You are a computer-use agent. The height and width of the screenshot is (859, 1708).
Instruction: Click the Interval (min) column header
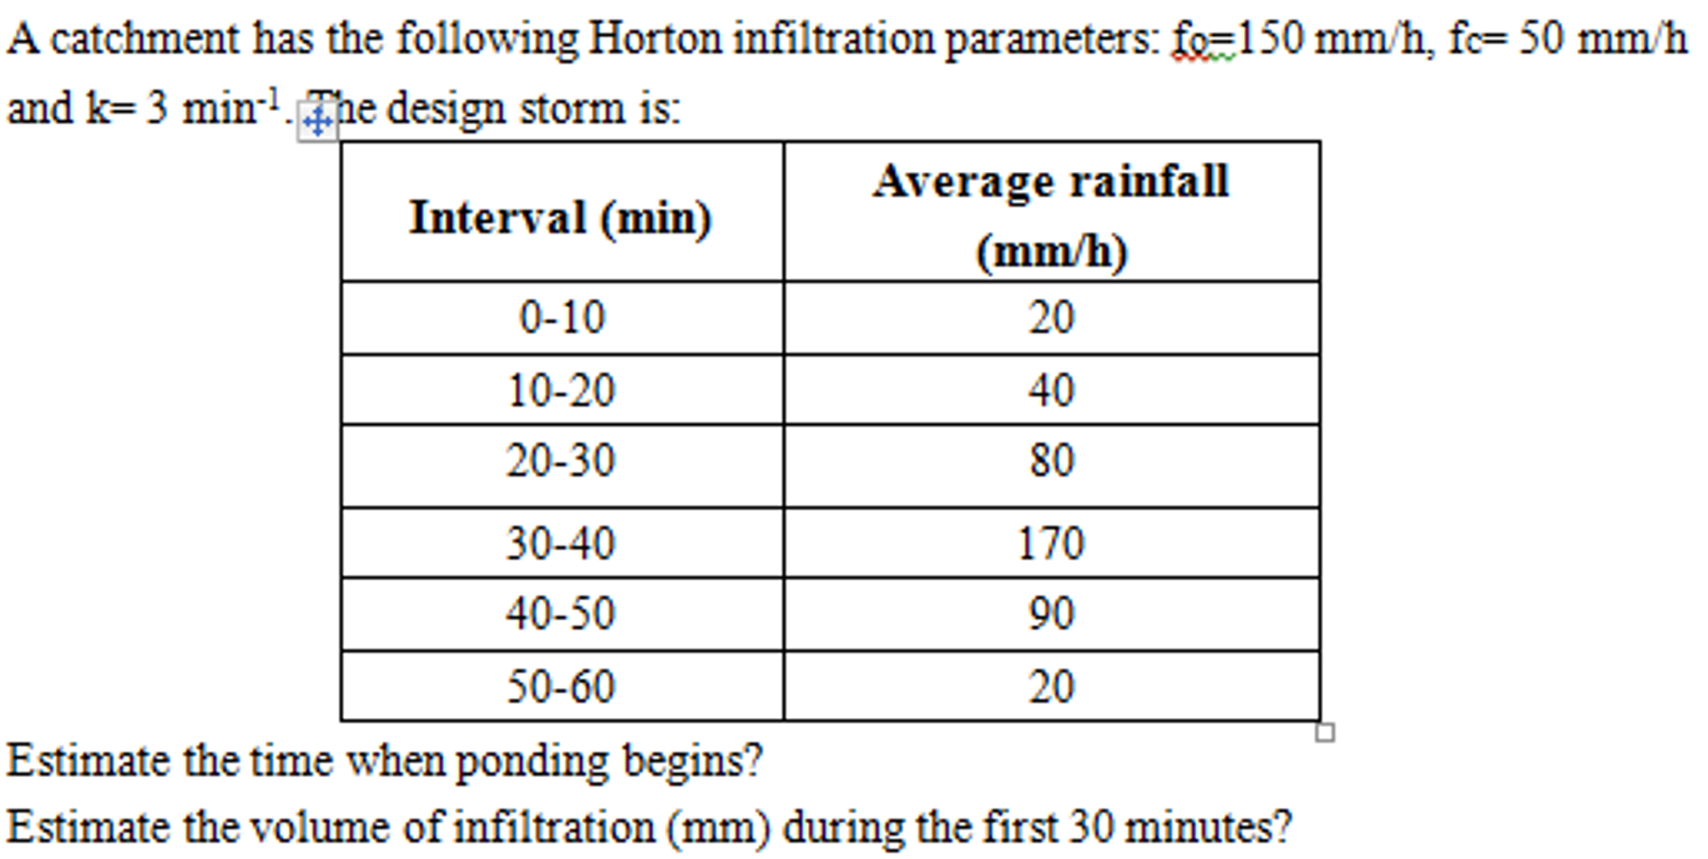coord(561,218)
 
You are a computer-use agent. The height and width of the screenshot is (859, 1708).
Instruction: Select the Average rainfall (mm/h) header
coord(1051,215)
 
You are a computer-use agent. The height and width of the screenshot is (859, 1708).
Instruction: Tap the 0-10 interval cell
coord(562,318)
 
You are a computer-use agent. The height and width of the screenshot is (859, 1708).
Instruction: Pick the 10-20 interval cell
coord(561,391)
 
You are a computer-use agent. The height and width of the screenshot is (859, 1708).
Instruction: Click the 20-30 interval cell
coord(560,461)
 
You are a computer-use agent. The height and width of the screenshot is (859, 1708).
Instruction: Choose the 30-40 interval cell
coord(560,543)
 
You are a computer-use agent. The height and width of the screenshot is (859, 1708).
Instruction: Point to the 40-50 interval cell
coord(560,614)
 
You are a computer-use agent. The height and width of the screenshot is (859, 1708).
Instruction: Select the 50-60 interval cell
coord(560,687)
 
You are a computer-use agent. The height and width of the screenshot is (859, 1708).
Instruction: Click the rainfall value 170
coord(1051,543)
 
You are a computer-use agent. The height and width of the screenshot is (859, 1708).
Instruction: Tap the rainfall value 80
coord(1051,461)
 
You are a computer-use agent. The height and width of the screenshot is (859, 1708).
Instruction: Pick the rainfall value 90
coord(1051,614)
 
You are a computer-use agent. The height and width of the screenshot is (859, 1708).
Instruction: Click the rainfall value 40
coord(1051,391)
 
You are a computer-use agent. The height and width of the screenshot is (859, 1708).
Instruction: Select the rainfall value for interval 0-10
coord(1051,318)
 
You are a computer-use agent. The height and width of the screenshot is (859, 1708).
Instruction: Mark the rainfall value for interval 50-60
coord(1051,687)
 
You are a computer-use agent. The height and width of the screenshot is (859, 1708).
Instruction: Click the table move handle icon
coord(318,123)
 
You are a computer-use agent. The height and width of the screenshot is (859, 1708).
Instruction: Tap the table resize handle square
coord(1325,733)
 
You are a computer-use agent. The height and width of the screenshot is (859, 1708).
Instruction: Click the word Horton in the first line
coord(655,38)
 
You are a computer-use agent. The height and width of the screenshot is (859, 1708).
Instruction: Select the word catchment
coord(144,38)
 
